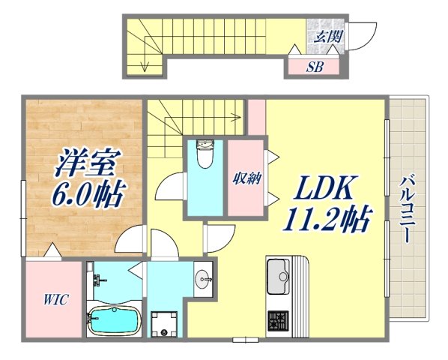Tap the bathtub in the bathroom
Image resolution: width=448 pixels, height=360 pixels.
tap(113, 322)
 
